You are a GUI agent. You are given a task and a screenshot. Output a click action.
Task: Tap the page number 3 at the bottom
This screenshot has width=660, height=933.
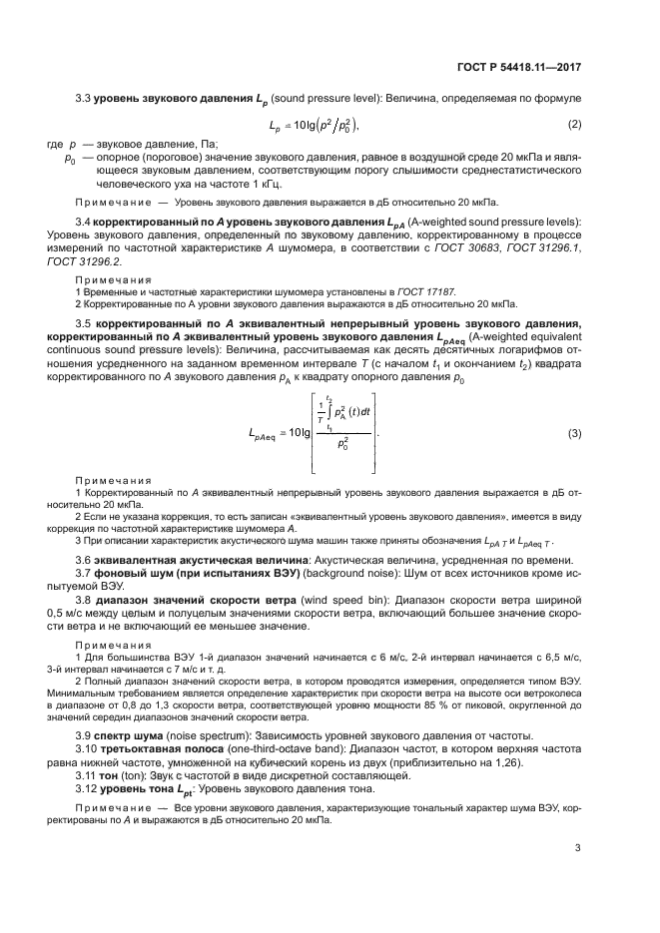[577, 848]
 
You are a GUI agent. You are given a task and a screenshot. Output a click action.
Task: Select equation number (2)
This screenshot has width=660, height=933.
[574, 125]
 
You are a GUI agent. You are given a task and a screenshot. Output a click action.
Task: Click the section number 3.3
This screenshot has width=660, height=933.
[84, 99]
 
